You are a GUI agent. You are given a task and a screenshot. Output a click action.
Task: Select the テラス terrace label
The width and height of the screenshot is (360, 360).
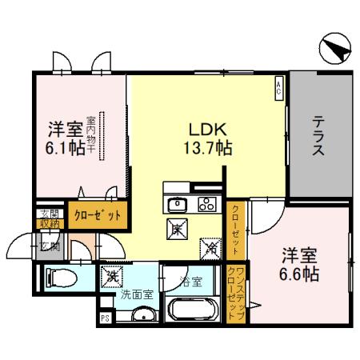(318, 135)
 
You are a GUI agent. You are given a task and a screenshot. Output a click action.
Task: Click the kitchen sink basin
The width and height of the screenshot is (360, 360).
(177, 203)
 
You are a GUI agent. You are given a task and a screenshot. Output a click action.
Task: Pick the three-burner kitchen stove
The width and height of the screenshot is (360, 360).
(206, 203)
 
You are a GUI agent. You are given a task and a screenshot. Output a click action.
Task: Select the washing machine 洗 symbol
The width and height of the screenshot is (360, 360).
(110, 277)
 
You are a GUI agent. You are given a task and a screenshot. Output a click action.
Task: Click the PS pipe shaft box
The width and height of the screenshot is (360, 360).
(104, 318)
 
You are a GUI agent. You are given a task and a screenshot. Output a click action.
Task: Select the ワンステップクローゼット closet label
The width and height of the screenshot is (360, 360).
(235, 291)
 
